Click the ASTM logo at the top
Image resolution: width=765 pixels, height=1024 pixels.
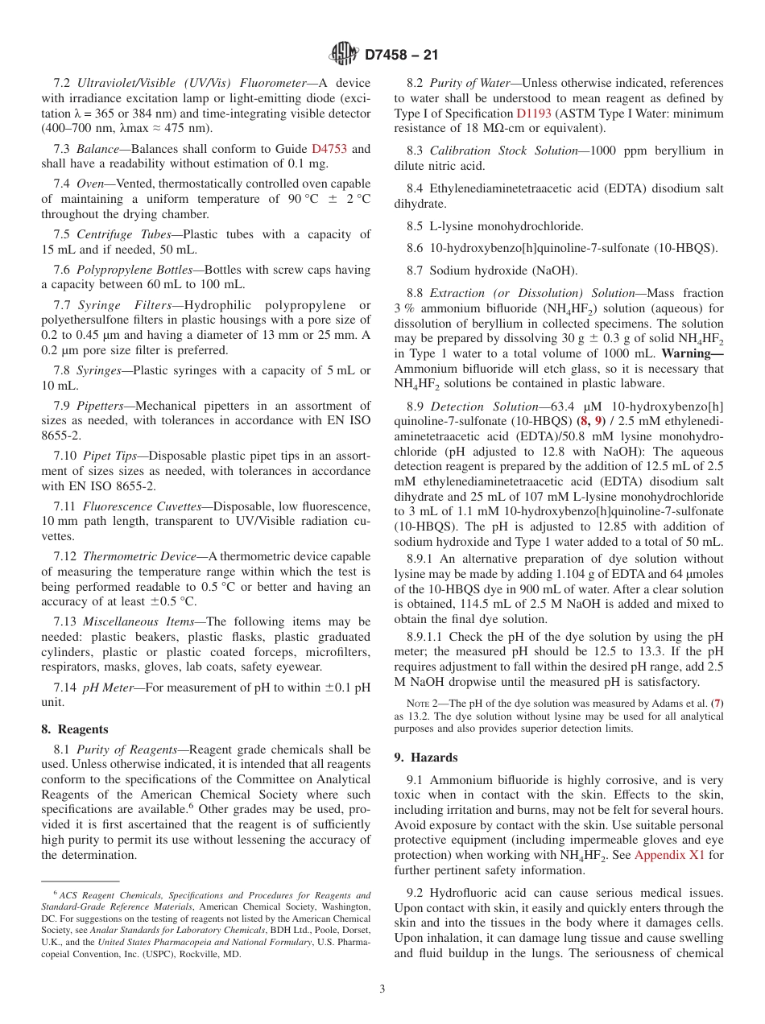click(344, 55)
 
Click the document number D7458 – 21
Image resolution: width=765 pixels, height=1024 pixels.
click(402, 56)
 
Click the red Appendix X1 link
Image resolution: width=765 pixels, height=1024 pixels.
click(668, 855)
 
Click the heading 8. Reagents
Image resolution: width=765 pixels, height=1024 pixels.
click(74, 729)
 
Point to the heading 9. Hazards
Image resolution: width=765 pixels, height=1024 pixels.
click(425, 758)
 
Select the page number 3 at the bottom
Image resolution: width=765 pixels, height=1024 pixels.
click(382, 989)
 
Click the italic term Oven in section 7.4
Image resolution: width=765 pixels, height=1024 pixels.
click(90, 184)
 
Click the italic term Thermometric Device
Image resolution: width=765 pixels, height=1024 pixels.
click(139, 556)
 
